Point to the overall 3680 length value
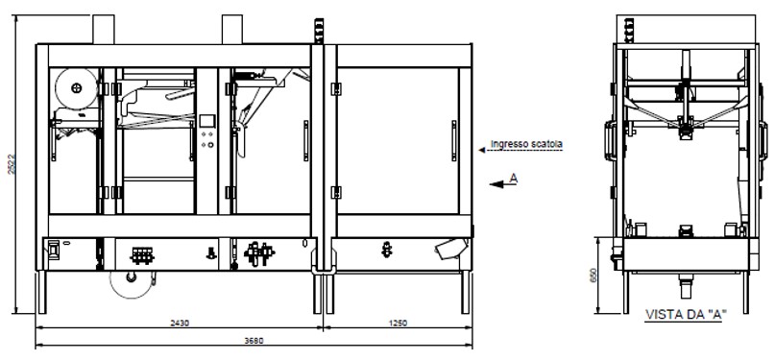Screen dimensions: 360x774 coord(254,339)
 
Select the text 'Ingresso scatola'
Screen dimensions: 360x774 coord(526,145)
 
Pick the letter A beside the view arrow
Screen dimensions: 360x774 coord(515,178)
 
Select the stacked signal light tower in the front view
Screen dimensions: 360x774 coord(317,29)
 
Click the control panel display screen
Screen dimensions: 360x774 coord(207,121)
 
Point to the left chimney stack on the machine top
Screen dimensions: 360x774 coord(101,29)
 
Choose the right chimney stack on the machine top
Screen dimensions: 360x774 coord(233,29)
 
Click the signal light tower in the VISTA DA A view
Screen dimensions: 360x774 coord(629,29)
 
